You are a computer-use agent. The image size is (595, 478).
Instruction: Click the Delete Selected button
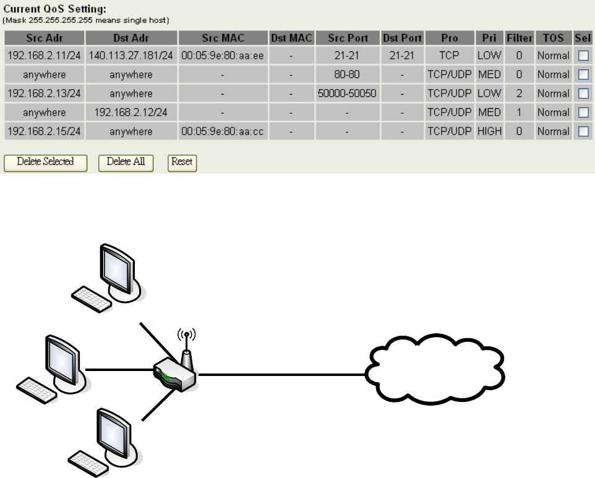coord(45,162)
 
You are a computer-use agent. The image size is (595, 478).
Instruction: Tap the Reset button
coord(182,162)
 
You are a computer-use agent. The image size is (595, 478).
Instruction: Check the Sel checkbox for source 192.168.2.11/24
coord(583,56)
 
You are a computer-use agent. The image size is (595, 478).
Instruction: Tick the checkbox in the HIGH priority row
coord(583,132)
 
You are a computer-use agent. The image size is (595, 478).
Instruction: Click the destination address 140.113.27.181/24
coord(131,56)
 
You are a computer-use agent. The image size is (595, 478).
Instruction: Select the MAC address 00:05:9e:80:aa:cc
coord(223,132)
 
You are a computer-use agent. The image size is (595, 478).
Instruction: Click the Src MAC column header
coord(223,37)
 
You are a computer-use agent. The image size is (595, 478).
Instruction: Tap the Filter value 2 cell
coord(519,93)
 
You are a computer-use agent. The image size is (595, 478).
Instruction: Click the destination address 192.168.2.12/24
coord(131,113)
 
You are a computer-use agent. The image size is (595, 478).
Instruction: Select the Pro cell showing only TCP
coord(449,56)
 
